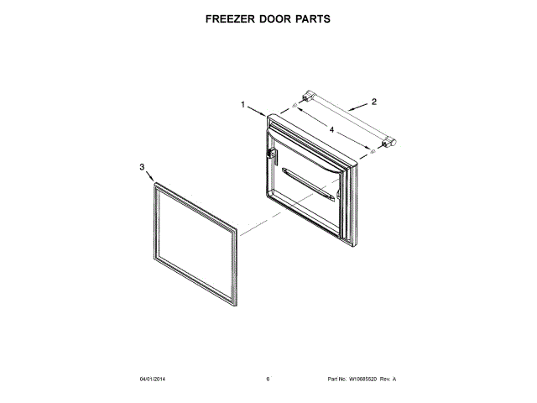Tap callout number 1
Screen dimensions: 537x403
pos(243,105)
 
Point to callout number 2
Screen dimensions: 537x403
pos(374,102)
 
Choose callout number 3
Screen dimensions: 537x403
pos(141,167)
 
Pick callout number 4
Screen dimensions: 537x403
pos(332,130)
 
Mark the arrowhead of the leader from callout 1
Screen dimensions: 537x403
pos(266,115)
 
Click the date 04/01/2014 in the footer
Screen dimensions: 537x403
pos(152,379)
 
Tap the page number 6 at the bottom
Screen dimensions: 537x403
pos(268,379)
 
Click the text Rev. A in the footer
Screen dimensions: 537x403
pos(388,379)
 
